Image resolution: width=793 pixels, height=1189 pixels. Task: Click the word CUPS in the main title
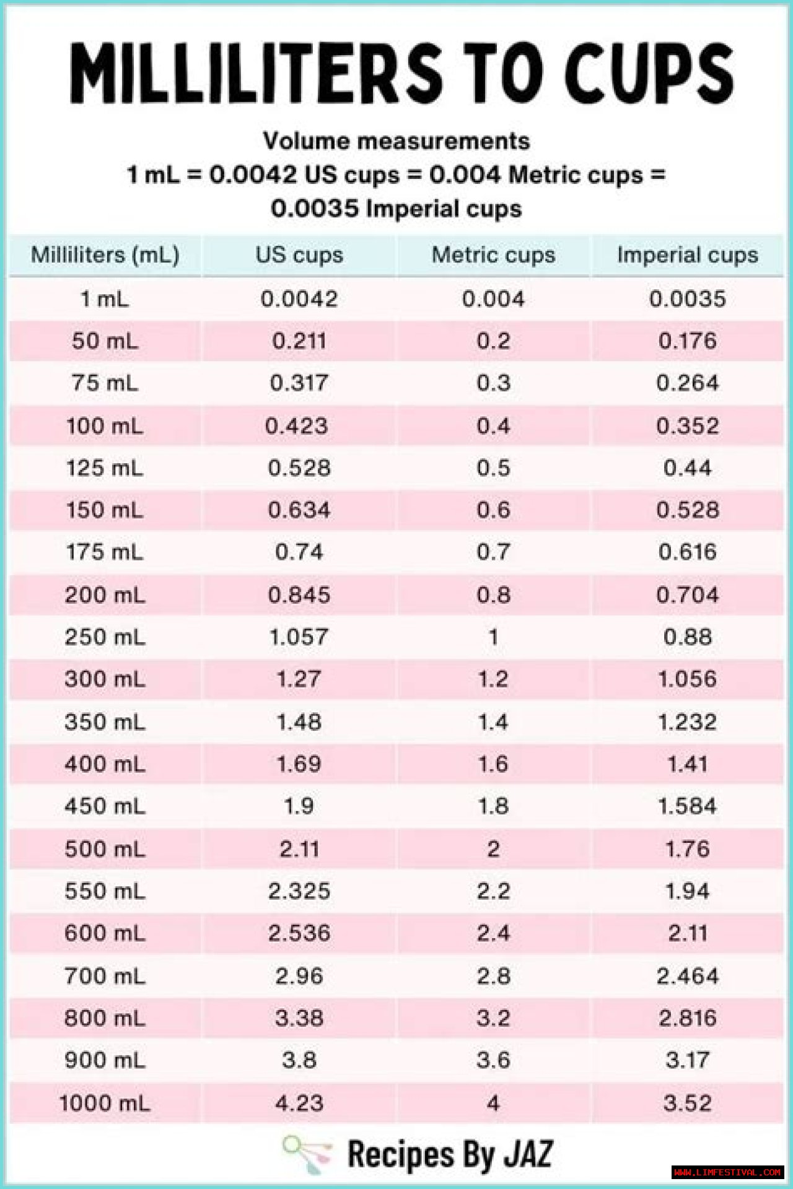click(648, 73)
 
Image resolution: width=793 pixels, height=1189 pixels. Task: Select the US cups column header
click(299, 255)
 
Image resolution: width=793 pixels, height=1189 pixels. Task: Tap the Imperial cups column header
click(687, 255)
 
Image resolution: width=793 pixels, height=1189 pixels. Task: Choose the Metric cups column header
click(493, 255)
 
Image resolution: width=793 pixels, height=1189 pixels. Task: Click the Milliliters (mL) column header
click(105, 255)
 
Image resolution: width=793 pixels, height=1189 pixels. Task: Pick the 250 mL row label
click(105, 637)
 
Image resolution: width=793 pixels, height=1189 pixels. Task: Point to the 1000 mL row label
click(105, 1103)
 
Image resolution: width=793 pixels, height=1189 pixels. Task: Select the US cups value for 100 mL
click(296, 426)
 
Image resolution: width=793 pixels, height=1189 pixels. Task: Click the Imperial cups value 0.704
click(687, 595)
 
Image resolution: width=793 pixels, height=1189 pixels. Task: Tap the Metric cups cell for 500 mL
click(493, 848)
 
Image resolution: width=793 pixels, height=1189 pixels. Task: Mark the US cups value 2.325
click(299, 891)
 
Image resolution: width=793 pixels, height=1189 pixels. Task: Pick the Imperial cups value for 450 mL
click(687, 806)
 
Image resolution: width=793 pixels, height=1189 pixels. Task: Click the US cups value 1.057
click(299, 637)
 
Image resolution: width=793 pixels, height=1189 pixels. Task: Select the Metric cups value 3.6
click(493, 1060)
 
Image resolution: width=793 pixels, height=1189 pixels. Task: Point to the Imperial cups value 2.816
click(687, 1018)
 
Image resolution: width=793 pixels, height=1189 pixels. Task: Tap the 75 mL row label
click(105, 383)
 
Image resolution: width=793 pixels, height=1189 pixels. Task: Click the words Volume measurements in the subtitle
click(396, 141)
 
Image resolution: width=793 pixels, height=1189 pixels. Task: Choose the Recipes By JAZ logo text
click(450, 1154)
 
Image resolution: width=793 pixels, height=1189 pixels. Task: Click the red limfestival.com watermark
click(727, 1172)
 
